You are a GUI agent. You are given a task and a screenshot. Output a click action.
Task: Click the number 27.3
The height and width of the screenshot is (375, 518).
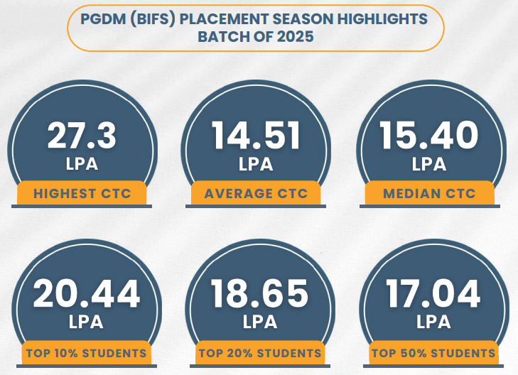coord(82,136)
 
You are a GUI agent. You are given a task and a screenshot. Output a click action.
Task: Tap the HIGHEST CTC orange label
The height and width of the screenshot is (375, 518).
coord(82,193)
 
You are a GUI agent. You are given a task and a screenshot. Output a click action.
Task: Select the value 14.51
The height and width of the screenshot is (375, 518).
coord(256,136)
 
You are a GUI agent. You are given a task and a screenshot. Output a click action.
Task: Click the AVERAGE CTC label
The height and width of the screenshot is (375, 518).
coord(256,193)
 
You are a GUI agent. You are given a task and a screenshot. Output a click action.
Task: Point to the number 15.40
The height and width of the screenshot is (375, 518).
coord(429,136)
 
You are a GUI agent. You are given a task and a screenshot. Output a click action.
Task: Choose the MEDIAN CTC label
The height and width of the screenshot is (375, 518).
coord(429,193)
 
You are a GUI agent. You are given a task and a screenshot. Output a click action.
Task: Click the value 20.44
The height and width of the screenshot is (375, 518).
coord(86,294)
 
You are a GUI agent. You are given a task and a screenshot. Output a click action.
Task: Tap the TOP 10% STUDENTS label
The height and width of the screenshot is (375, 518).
coord(86,353)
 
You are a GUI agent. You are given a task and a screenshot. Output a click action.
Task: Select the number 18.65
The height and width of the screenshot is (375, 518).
coord(260,294)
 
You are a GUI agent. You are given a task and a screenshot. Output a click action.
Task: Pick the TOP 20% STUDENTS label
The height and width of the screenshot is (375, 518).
coord(260,353)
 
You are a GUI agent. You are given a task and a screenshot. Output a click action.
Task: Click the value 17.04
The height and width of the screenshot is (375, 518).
coord(433,294)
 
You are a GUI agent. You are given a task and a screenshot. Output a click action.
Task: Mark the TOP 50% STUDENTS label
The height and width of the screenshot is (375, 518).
coord(433,353)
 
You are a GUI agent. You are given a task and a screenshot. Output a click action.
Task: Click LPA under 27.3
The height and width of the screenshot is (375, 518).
coord(82,165)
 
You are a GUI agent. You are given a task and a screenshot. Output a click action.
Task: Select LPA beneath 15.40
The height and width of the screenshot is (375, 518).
coord(429,165)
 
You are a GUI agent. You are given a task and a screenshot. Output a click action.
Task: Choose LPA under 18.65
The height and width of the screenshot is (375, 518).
coord(260,322)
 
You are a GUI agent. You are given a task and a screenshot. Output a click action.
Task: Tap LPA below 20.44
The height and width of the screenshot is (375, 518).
coord(86,322)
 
